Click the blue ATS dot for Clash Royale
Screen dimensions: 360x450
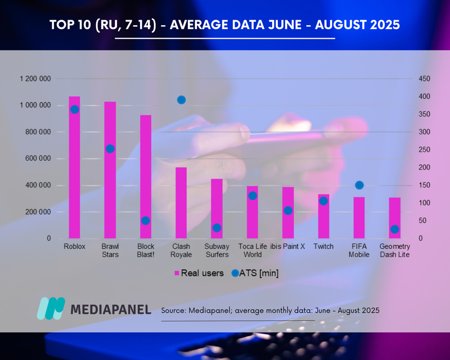[x=181, y=100]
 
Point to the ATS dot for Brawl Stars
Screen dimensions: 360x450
[x=110, y=149]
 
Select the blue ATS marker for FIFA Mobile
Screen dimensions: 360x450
[x=359, y=186]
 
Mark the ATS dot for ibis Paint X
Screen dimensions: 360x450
[x=288, y=210]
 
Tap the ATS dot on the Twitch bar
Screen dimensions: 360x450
[x=323, y=201]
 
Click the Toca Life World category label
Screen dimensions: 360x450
[x=253, y=250]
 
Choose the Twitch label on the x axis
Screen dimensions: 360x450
[x=323, y=246]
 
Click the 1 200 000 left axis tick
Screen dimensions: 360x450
[x=35, y=79]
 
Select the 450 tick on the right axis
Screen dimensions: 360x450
[x=424, y=79]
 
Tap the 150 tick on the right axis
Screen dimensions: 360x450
[x=424, y=186]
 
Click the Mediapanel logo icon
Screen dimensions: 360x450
[x=51, y=309]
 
